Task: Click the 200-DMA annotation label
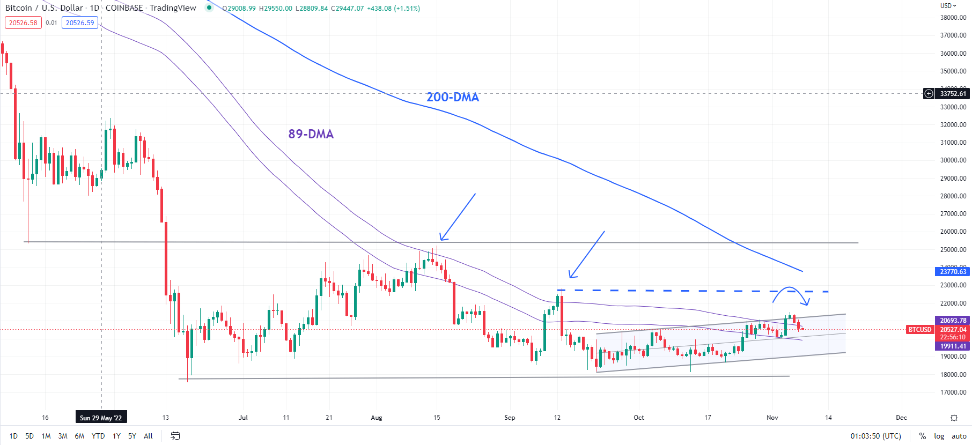point(452,97)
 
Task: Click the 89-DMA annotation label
point(311,134)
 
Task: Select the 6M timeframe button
point(79,436)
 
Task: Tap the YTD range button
point(98,436)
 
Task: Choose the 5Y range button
point(132,436)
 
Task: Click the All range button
point(149,436)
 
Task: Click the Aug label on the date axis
point(377,418)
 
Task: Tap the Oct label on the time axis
point(639,418)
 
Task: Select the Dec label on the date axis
point(901,418)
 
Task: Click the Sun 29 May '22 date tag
point(101,418)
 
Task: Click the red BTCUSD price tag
point(919,330)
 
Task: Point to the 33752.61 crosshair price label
point(953,94)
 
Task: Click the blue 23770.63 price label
point(953,272)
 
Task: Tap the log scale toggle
point(939,436)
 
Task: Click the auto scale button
point(959,436)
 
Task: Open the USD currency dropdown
point(948,6)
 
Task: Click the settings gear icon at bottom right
point(954,418)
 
